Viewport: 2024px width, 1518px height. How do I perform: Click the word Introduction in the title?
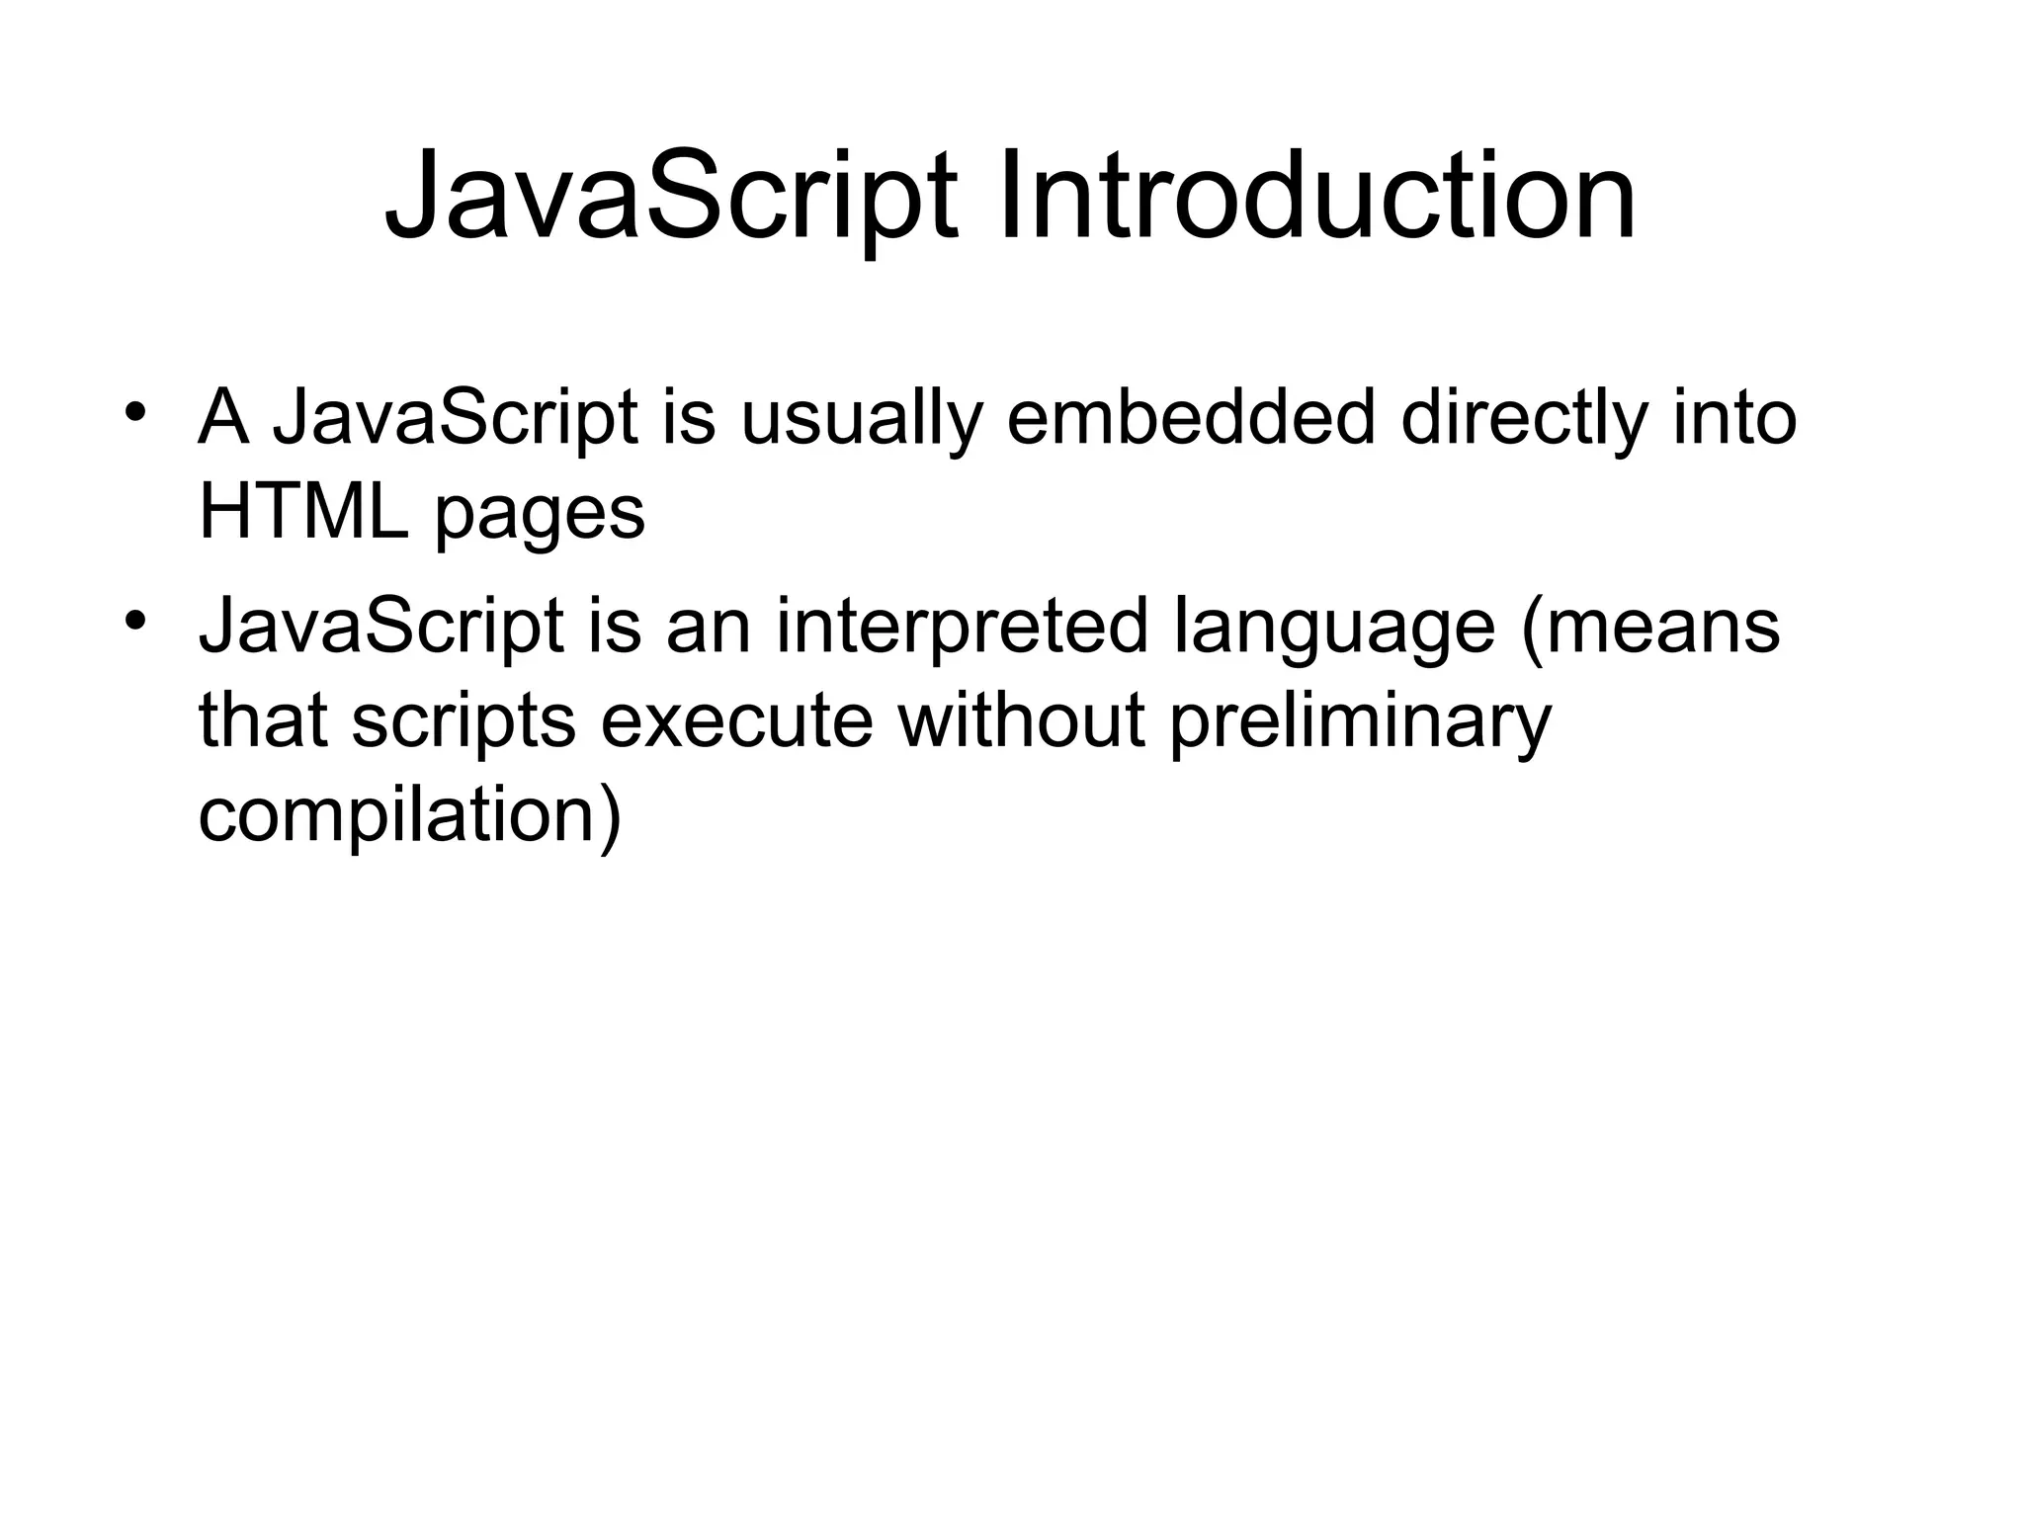[1316, 196]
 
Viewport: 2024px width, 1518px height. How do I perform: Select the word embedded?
[1191, 418]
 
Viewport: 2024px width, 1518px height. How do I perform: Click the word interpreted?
[962, 628]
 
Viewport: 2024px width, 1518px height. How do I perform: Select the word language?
[1334, 630]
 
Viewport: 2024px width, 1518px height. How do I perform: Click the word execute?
[736, 720]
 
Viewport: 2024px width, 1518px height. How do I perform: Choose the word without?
[1021, 720]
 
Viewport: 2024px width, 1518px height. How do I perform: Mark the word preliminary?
[1360, 722]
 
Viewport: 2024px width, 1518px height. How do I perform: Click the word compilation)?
[410, 817]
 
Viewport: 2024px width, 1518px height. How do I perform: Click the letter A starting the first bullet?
[223, 418]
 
